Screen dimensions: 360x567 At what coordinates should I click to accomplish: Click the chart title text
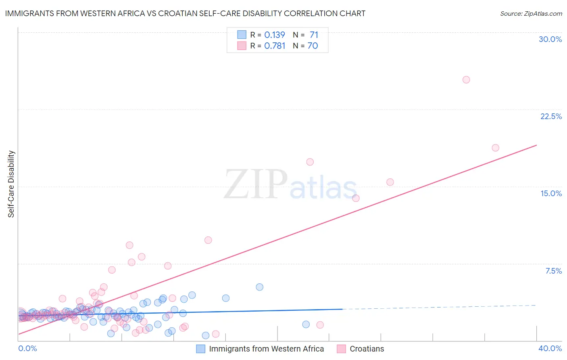pyautogui.click(x=185, y=13)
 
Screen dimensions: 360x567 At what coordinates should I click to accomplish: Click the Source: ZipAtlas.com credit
pyautogui.click(x=531, y=13)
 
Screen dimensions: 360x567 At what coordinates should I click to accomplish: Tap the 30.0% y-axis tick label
pyautogui.click(x=550, y=39)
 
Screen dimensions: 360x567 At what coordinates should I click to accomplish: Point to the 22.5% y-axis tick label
pyautogui.click(x=551, y=116)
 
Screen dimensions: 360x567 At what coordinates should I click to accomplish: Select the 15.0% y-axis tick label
pyautogui.click(x=551, y=193)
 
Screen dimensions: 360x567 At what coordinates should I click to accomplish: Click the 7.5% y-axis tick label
pyautogui.click(x=553, y=271)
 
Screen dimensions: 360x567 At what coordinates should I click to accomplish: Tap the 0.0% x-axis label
pyautogui.click(x=27, y=348)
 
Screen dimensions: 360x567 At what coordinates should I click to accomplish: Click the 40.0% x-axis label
pyautogui.click(x=550, y=348)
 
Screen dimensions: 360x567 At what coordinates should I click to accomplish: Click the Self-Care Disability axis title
pyautogui.click(x=11, y=184)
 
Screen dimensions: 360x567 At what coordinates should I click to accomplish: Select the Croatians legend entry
pyautogui.click(x=367, y=349)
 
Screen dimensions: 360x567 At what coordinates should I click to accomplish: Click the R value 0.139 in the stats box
pyautogui.click(x=275, y=35)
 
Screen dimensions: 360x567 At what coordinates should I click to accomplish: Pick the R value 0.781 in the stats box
pyautogui.click(x=275, y=46)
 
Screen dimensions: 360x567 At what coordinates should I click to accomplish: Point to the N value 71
pyautogui.click(x=314, y=35)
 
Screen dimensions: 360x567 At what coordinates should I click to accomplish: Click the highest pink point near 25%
pyautogui.click(x=466, y=80)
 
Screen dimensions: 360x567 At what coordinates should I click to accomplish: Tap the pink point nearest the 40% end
pyautogui.click(x=495, y=148)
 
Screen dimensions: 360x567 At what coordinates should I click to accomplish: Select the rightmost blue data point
pyautogui.click(x=306, y=324)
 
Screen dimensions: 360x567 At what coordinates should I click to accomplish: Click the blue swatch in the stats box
pyautogui.click(x=242, y=35)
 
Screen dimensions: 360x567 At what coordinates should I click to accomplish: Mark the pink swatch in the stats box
pyautogui.click(x=242, y=46)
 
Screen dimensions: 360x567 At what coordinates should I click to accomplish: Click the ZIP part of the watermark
pyautogui.click(x=256, y=184)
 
